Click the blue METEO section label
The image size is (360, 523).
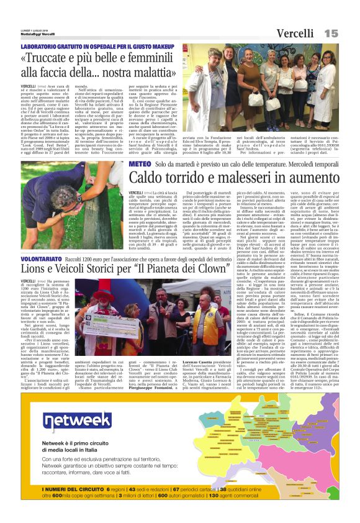tap(140, 163)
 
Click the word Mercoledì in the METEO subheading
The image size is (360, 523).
tap(294, 163)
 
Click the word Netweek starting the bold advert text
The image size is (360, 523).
tap(52, 443)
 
